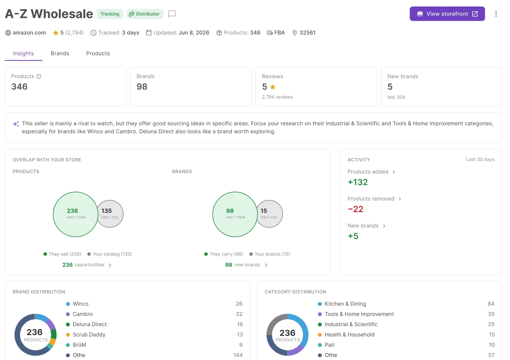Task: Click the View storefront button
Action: tap(447, 14)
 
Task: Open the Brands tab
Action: tap(60, 53)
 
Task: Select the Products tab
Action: tap(98, 53)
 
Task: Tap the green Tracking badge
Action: tap(110, 14)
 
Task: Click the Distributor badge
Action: tap(145, 14)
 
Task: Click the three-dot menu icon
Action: tap(496, 14)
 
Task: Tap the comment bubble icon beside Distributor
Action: tap(172, 14)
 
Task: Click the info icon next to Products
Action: tap(39, 76)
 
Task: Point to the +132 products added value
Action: tap(358, 182)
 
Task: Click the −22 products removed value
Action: tap(355, 209)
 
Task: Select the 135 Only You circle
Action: tap(110, 214)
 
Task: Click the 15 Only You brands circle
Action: tap(269, 214)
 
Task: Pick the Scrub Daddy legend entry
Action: tap(86, 334)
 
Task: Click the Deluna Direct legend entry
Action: tap(86, 324)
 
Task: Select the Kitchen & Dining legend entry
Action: tap(342, 304)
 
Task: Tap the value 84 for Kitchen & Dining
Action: tap(491, 304)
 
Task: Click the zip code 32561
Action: tap(307, 33)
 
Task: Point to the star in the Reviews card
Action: tap(273, 87)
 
